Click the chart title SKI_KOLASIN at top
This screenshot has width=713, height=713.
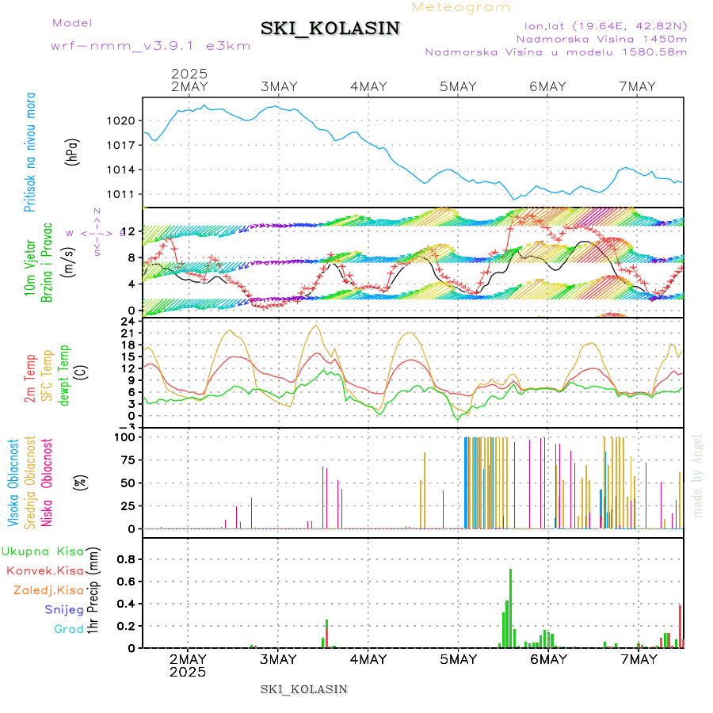[x=330, y=29]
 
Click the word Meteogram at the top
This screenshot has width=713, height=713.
[x=461, y=7]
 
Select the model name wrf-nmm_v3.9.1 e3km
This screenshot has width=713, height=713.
[x=150, y=45]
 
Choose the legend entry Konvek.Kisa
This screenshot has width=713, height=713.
[x=45, y=570]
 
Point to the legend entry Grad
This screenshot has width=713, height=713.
[x=68, y=629]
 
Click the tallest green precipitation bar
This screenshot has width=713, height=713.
[x=510, y=608]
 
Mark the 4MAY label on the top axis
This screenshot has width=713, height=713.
[x=368, y=86]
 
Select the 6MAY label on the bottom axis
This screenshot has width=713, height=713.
[x=547, y=659]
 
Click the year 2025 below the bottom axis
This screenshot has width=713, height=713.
[x=189, y=672]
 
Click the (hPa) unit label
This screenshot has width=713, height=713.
[x=72, y=151]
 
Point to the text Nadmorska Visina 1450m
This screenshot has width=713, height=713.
[x=601, y=39]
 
